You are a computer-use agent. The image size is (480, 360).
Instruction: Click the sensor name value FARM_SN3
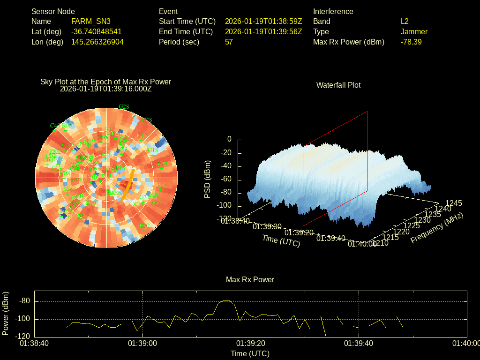click(91, 21)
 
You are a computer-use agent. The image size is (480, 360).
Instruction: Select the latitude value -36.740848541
click(97, 31)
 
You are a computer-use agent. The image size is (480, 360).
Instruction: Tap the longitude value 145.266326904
click(97, 42)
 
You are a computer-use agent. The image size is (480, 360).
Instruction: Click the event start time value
click(263, 21)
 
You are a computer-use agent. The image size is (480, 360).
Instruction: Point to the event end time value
click(263, 31)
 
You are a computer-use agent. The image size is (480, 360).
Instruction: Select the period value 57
click(229, 42)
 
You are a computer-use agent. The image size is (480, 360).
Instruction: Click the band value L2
click(405, 21)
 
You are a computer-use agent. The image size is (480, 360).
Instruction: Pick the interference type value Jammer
click(414, 31)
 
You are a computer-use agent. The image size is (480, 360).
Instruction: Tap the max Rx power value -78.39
click(411, 42)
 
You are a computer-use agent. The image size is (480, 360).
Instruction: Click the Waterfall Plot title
click(338, 85)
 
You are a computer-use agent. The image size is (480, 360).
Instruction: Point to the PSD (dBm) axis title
click(208, 179)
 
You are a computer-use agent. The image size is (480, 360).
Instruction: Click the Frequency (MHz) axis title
click(437, 228)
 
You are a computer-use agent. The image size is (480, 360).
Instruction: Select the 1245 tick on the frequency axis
click(453, 203)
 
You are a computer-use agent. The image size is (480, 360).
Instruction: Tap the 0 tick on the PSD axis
click(229, 139)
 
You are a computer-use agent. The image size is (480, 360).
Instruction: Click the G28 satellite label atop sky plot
click(124, 107)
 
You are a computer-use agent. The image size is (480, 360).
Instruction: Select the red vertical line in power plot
click(229, 319)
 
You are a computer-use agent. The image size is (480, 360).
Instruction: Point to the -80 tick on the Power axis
click(25, 301)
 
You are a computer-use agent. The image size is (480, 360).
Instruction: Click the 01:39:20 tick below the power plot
click(251, 343)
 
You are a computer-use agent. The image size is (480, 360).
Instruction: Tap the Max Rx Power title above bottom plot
click(250, 279)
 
